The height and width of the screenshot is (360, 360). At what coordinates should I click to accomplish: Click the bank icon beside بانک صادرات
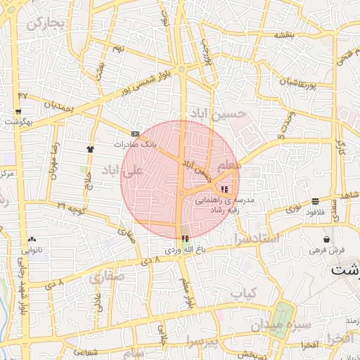pyautogui.click(x=135, y=134)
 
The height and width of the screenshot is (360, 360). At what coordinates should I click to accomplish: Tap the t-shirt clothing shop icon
pyautogui.click(x=90, y=149)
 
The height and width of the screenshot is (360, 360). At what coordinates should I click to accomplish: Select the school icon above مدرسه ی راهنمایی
pyautogui.click(x=224, y=189)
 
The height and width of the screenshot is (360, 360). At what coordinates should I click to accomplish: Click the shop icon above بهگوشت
pyautogui.click(x=18, y=111)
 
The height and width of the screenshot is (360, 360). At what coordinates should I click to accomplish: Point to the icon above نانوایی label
pyautogui.click(x=33, y=240)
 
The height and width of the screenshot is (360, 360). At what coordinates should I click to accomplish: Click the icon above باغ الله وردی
pyautogui.click(x=185, y=239)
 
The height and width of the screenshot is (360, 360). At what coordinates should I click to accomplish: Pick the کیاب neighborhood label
pyautogui.click(x=243, y=291)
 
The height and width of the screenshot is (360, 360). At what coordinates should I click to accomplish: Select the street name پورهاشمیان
pyautogui.click(x=285, y=83)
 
